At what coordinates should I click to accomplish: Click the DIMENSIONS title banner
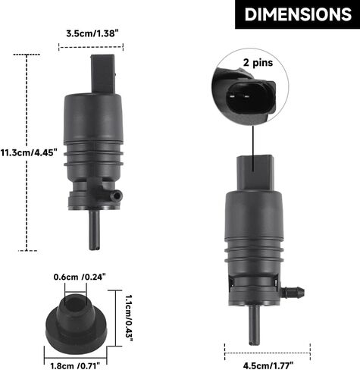coord(297,14)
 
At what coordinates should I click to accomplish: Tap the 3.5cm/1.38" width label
coord(91,33)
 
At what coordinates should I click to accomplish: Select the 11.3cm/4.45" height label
coord(29,152)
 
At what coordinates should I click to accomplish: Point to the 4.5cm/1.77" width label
coord(268,365)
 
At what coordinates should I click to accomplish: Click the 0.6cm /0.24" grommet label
coord(80,277)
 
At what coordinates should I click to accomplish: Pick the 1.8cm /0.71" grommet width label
coord(75,365)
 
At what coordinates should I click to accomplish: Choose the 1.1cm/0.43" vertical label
coord(129,318)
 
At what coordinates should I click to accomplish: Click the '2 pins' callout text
coord(258,62)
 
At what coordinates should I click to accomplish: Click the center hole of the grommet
coord(75,303)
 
